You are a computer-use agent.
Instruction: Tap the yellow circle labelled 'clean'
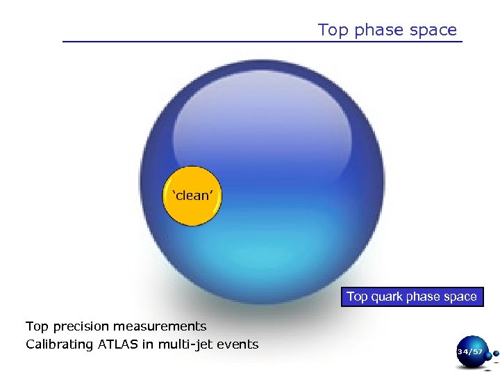(x=192, y=196)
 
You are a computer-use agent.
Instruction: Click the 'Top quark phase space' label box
(x=412, y=297)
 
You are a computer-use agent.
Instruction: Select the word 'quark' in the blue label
(x=387, y=297)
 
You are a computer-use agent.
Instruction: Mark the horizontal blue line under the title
(x=262, y=42)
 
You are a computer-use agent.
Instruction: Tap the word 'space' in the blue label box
(x=460, y=297)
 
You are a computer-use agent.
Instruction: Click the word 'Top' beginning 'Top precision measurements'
(x=37, y=326)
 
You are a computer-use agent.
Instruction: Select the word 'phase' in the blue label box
(x=424, y=297)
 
